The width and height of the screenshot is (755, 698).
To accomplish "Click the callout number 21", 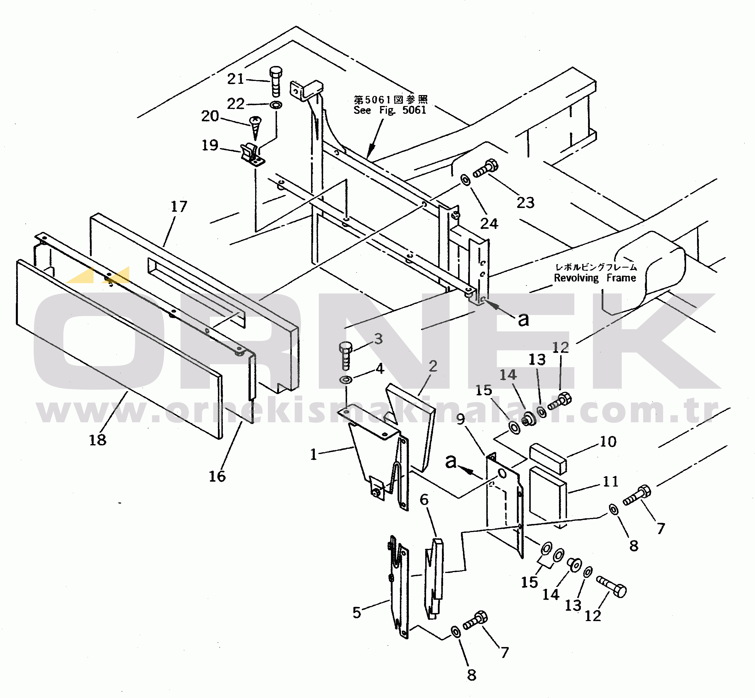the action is [x=236, y=79].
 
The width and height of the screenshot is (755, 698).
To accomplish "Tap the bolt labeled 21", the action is [x=276, y=81].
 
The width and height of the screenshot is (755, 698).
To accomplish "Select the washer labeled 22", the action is [x=276, y=105].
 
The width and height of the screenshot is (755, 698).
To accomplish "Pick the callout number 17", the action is [x=179, y=206].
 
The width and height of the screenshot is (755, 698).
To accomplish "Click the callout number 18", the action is [x=97, y=440].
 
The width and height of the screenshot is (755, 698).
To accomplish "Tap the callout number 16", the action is [x=217, y=476].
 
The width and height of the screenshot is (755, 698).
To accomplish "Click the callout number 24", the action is [x=489, y=224].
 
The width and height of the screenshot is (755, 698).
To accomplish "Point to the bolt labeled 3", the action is [x=346, y=355].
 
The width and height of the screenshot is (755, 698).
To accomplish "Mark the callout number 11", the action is [x=610, y=482].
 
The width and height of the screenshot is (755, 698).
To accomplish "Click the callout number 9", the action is [x=460, y=419].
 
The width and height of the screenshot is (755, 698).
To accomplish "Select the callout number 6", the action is [x=424, y=500].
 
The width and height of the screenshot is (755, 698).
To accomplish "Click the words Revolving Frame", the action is [x=595, y=278].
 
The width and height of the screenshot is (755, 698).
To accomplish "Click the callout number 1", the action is [x=313, y=454].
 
